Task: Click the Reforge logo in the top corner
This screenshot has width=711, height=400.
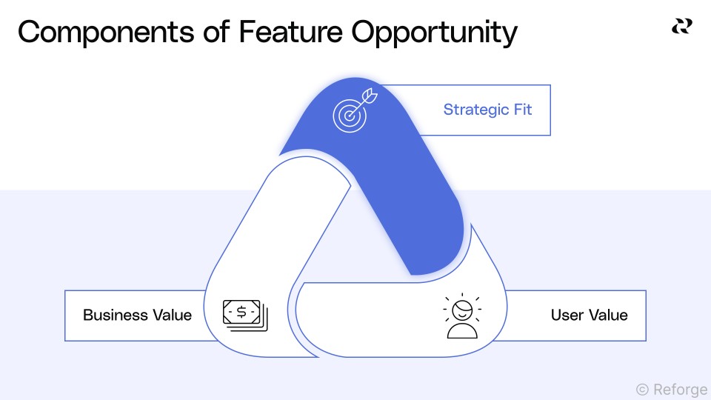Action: coord(681,26)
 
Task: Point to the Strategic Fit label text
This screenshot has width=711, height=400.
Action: coord(487,110)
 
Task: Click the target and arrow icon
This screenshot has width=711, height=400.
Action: coord(354,110)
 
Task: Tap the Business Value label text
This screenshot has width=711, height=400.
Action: coord(137,315)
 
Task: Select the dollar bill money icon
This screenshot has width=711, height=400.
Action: coord(245,314)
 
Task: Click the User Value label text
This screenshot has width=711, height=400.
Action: coord(589,315)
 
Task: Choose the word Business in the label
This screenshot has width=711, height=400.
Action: coord(113,315)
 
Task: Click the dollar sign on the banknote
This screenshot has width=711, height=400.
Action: coord(242,312)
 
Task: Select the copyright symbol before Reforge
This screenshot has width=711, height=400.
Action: coord(642,389)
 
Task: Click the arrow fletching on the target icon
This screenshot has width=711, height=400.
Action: coord(371,96)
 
